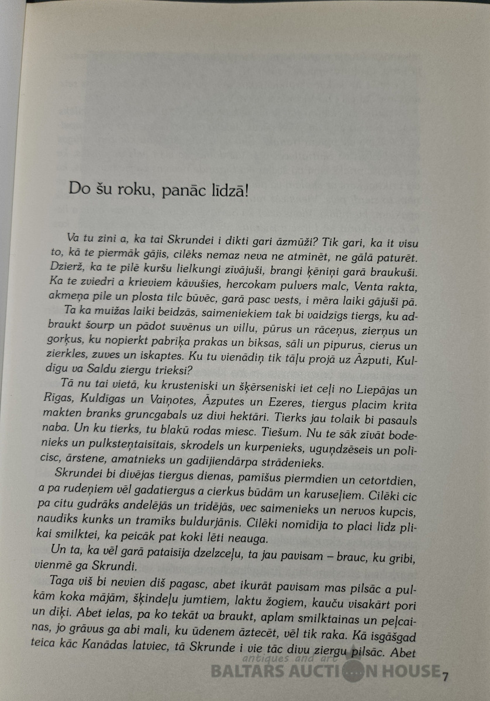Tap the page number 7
(445, 676)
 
